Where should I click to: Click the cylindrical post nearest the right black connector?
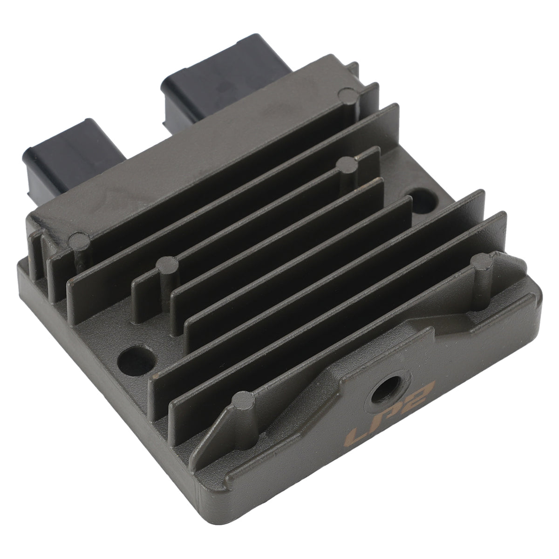point(348,101)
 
